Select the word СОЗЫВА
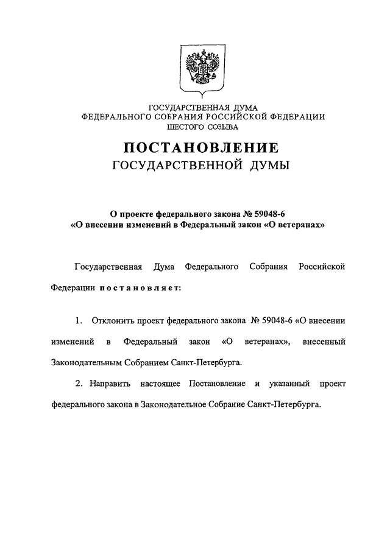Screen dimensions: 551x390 tap(222, 128)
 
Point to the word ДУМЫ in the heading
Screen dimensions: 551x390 tap(269, 166)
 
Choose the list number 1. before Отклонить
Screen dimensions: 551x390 tap(79, 321)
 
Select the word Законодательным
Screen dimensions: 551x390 tap(88, 362)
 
